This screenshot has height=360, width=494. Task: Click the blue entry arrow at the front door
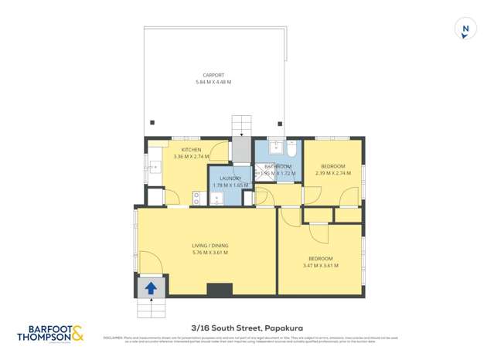151,287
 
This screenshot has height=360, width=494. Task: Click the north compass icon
465,30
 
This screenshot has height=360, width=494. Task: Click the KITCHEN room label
191,149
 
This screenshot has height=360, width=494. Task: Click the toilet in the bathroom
291,147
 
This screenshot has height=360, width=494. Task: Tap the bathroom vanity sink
274,146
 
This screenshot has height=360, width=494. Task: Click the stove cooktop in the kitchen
196,199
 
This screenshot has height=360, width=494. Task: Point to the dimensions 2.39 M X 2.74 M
332,173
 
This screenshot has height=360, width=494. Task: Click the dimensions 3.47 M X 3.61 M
321,265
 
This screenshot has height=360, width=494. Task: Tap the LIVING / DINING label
210,246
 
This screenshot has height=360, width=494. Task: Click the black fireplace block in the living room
220,290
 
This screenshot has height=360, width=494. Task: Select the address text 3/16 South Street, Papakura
247,328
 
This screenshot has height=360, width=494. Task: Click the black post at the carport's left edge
152,122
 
